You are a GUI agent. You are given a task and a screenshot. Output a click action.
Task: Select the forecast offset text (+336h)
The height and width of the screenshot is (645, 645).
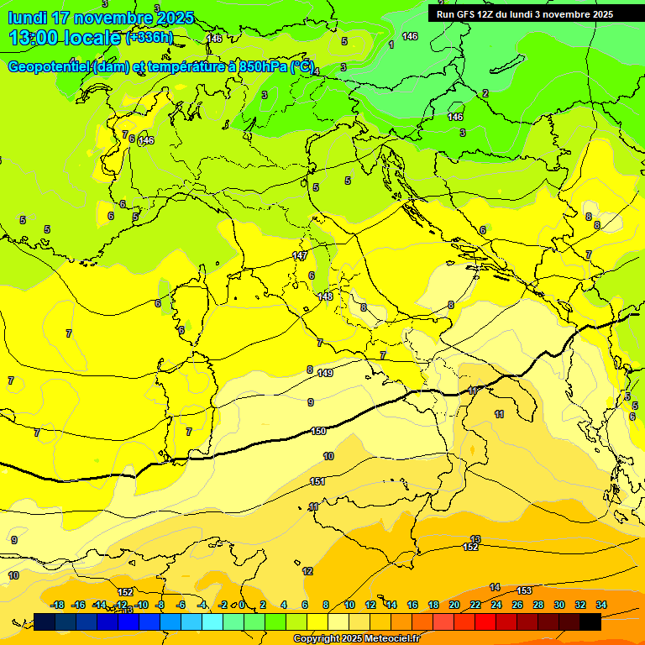[149, 37]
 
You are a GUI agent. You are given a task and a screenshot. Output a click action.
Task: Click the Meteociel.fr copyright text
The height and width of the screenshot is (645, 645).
[356, 639]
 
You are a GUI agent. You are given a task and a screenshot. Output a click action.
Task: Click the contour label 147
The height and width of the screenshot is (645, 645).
[300, 255]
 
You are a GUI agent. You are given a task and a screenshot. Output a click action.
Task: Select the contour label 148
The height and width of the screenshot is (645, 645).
[326, 296]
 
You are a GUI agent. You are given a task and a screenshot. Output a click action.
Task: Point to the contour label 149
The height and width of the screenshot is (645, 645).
[326, 373]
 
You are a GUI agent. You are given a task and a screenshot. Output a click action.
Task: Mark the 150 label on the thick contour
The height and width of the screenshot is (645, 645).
[318, 431]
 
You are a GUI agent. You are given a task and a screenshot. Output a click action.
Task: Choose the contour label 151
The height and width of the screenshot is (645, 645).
[317, 481]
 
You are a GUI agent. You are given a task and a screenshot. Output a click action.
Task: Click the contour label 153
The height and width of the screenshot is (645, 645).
[524, 590]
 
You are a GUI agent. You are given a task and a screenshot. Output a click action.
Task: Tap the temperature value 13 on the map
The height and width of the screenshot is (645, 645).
[475, 539]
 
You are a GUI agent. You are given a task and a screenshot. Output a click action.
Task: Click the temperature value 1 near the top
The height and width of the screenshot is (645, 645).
[391, 44]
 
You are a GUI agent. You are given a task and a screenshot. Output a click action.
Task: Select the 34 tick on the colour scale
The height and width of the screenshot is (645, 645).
[601, 605]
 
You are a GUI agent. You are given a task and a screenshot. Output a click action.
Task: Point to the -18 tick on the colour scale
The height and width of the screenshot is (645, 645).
[58, 605]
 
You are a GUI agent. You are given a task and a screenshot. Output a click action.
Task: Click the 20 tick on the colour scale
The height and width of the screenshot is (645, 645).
[454, 605]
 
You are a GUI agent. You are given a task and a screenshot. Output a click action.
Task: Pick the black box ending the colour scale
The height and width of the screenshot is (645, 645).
[590, 621]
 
